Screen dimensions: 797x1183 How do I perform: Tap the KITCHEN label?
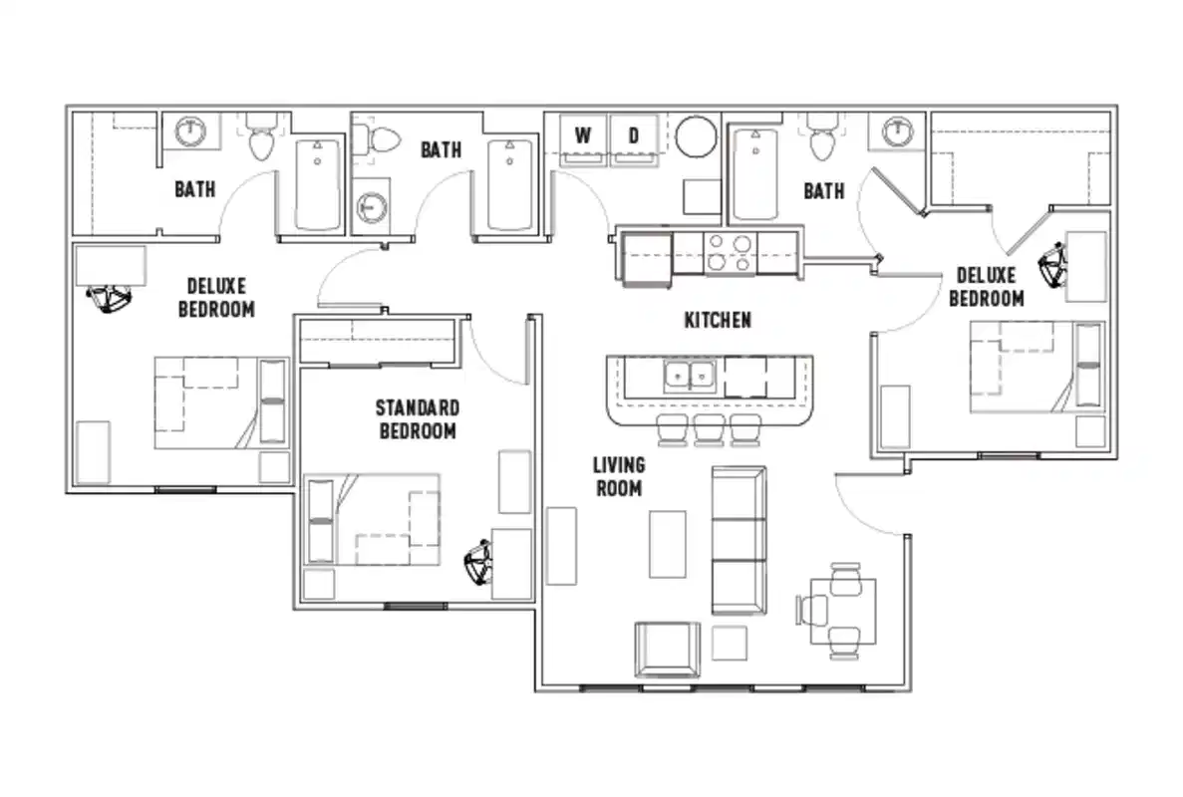(717, 320)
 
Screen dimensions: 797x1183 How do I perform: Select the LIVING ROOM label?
(618, 476)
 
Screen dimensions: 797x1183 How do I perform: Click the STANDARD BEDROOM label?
(418, 418)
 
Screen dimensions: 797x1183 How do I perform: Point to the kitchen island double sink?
(690, 376)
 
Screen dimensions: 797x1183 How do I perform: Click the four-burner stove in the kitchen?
(729, 253)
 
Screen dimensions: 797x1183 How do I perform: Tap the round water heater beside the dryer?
(696, 137)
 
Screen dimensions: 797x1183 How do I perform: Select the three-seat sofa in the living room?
(739, 539)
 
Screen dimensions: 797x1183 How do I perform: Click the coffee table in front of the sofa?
(667, 543)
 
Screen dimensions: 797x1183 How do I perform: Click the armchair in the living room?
(667, 649)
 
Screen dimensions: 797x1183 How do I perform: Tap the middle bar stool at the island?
(709, 429)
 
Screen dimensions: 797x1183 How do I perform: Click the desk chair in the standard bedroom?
(479, 564)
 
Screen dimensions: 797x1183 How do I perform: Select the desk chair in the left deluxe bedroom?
(110, 299)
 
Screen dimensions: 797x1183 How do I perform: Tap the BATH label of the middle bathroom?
(441, 149)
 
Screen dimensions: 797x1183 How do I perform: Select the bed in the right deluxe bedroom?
(1036, 367)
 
